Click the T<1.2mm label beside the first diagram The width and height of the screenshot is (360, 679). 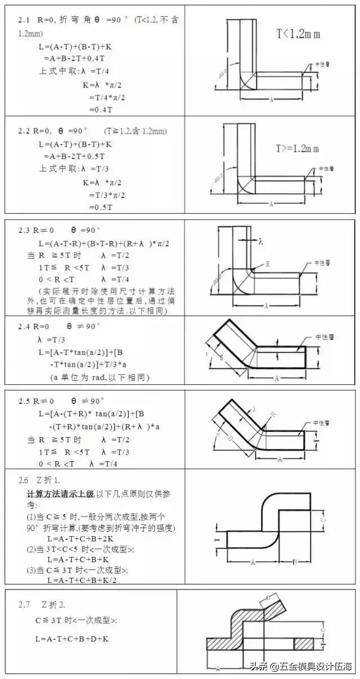[298, 34]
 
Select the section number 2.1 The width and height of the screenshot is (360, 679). [25, 19]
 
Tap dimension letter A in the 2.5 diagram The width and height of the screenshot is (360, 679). [280, 458]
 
